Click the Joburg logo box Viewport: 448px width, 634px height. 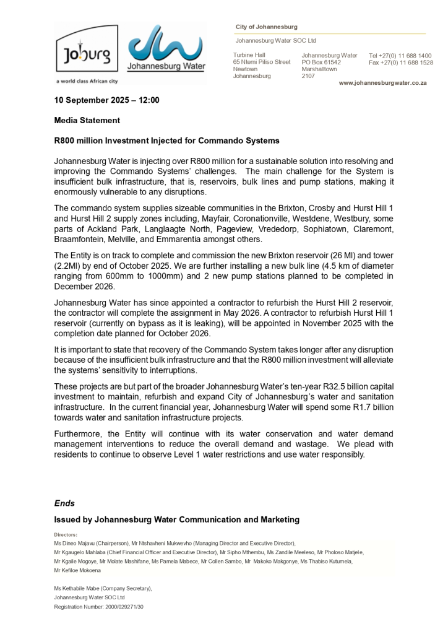click(x=87, y=54)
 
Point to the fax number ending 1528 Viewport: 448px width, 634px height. click(x=400, y=63)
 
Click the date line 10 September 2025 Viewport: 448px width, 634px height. click(x=106, y=100)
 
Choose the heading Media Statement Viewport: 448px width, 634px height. click(x=87, y=120)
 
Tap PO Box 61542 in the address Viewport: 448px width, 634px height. click(x=321, y=63)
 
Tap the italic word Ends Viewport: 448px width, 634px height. click(x=64, y=503)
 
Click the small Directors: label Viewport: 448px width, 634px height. click(x=66, y=534)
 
